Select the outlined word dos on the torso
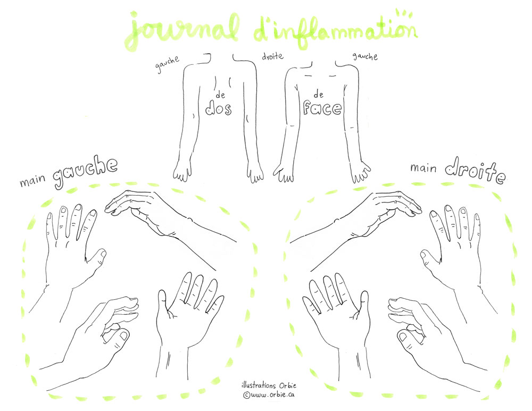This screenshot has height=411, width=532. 219,108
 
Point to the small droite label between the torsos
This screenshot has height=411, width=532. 272,56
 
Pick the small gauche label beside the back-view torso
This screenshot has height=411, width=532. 167,64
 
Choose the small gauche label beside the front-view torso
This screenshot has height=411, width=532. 365,56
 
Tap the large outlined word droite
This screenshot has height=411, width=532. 475,171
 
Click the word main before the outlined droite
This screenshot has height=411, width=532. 423,167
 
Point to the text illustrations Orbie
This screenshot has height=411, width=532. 269,385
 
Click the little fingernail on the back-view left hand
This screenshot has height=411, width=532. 49,216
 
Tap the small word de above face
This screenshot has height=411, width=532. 318,94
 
